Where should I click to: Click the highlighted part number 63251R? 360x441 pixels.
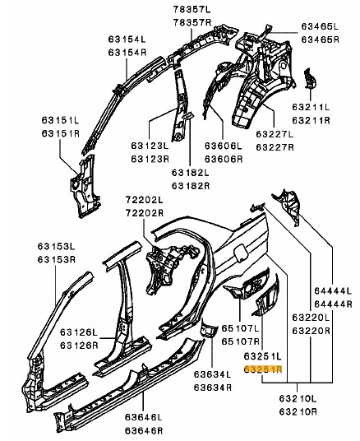(263, 369)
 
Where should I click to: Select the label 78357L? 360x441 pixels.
(192, 9)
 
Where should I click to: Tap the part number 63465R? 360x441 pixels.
(320, 39)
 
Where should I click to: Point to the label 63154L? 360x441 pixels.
(127, 39)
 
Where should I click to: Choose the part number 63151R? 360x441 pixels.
(61, 133)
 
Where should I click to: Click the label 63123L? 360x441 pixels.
(150, 146)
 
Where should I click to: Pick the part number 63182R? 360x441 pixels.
(191, 186)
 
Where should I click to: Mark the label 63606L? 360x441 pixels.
(223, 146)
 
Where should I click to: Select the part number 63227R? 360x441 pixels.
(275, 146)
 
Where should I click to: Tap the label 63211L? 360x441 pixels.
(311, 107)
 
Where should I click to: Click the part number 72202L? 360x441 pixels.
(144, 200)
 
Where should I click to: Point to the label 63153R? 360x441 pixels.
(57, 259)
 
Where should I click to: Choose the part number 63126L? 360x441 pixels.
(79, 332)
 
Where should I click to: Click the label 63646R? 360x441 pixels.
(144, 430)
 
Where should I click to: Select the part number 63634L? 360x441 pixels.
(212, 374)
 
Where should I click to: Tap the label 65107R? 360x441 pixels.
(241, 341)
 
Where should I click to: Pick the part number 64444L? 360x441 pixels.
(333, 290)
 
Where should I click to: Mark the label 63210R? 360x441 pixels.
(298, 411)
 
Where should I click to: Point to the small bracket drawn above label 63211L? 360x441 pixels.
(310, 78)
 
